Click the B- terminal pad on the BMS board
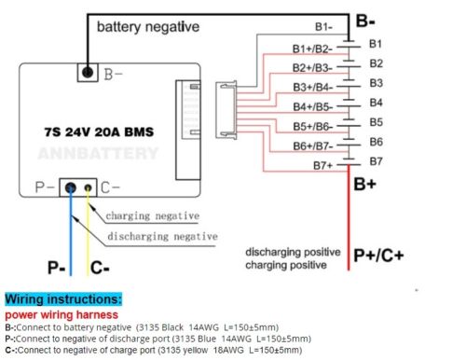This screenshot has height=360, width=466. coord(87,72)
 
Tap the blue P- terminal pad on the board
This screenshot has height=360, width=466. coord(71,187)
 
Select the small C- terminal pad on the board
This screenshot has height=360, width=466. coord(89,188)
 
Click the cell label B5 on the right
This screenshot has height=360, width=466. coord(376,122)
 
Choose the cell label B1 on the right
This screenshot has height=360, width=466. coord(376,44)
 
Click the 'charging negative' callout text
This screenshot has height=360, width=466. coord(152,215)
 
